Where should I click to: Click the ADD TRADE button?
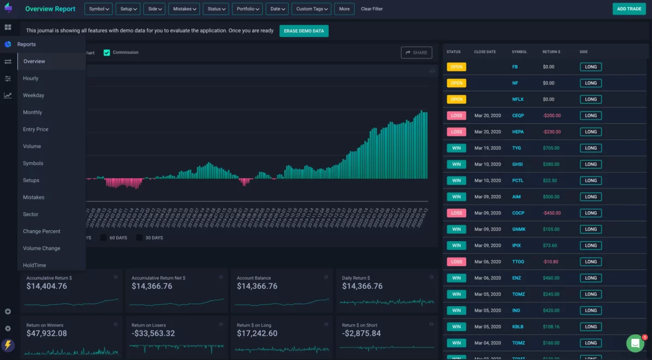629,9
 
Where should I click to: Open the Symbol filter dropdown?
98,9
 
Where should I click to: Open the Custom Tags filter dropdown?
311,9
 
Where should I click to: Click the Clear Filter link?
372,9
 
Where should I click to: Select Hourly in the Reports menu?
30,78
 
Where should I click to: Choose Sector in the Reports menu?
30,214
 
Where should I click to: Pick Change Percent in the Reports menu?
41,231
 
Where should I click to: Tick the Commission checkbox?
107,53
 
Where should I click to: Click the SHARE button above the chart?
416,53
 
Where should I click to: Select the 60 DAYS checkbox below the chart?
103,238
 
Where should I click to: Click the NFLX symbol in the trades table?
518,99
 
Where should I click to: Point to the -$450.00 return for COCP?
551,213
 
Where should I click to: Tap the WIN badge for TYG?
456,148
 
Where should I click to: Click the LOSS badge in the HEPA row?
456,132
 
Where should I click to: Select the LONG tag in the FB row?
591,67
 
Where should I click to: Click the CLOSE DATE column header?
485,52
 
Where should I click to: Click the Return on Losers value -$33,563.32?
153,333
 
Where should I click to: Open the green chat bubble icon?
635,343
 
